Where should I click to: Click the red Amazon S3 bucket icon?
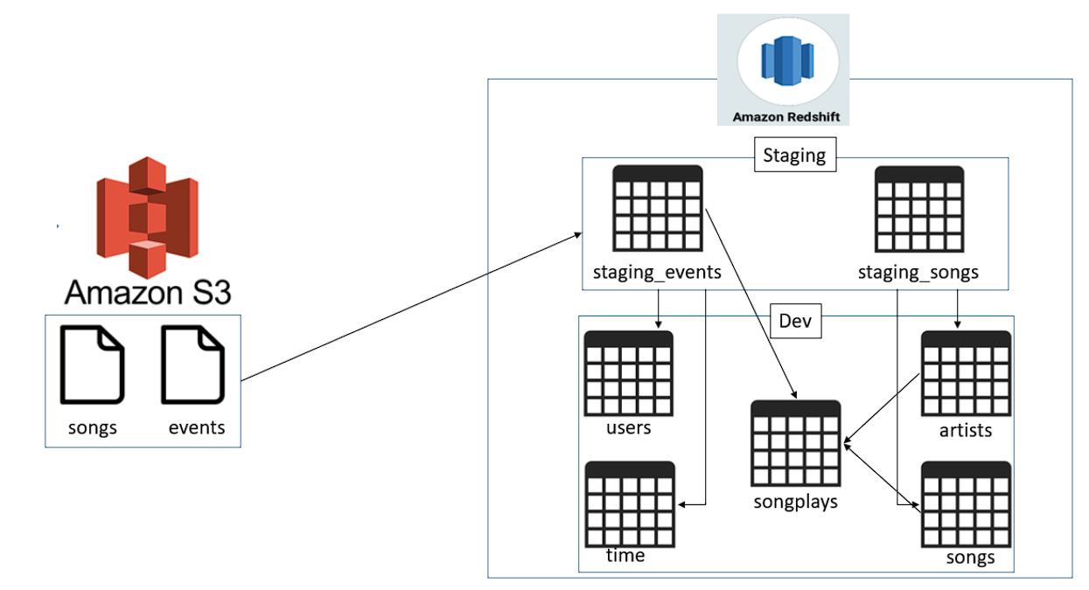(x=147, y=217)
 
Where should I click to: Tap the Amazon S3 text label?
(x=148, y=292)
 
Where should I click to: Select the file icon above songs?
(x=93, y=364)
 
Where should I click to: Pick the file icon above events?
(x=193, y=364)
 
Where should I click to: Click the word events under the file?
(x=197, y=427)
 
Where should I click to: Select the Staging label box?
(x=793, y=156)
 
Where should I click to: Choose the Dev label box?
(x=795, y=321)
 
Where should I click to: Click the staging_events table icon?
(x=657, y=209)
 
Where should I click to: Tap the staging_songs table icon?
(x=918, y=209)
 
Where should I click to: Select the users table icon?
(x=628, y=374)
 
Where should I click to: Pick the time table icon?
(x=630, y=504)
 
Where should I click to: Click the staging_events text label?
(x=657, y=272)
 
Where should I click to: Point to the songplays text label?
(x=796, y=502)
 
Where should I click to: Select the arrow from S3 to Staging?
(x=411, y=307)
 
